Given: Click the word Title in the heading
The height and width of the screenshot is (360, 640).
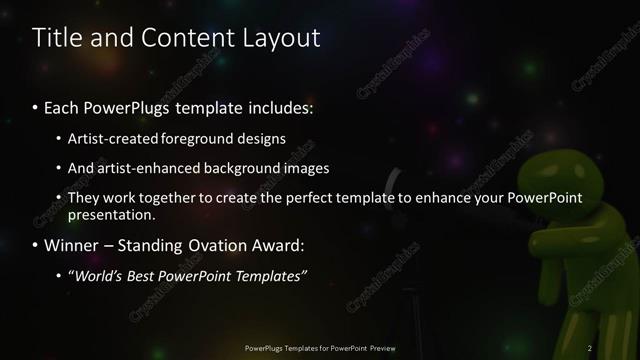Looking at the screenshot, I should [x=59, y=39].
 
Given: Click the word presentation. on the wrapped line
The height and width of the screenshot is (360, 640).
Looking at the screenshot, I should [x=112, y=215].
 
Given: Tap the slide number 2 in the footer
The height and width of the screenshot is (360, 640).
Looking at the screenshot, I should [x=591, y=347].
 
